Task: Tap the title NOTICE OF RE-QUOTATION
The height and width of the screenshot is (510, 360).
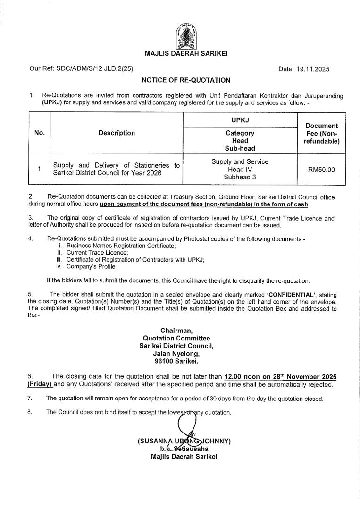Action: pyautogui.click(x=186, y=81)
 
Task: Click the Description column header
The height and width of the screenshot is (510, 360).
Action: pyautogui.click(x=117, y=133)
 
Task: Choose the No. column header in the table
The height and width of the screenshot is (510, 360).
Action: pyautogui.click(x=40, y=133)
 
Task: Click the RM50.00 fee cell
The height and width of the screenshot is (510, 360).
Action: pyautogui.click(x=321, y=169)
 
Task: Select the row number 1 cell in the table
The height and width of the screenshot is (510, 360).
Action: pyautogui.click(x=40, y=169)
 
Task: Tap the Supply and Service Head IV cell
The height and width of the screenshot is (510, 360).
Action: pyautogui.click(x=240, y=169)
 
